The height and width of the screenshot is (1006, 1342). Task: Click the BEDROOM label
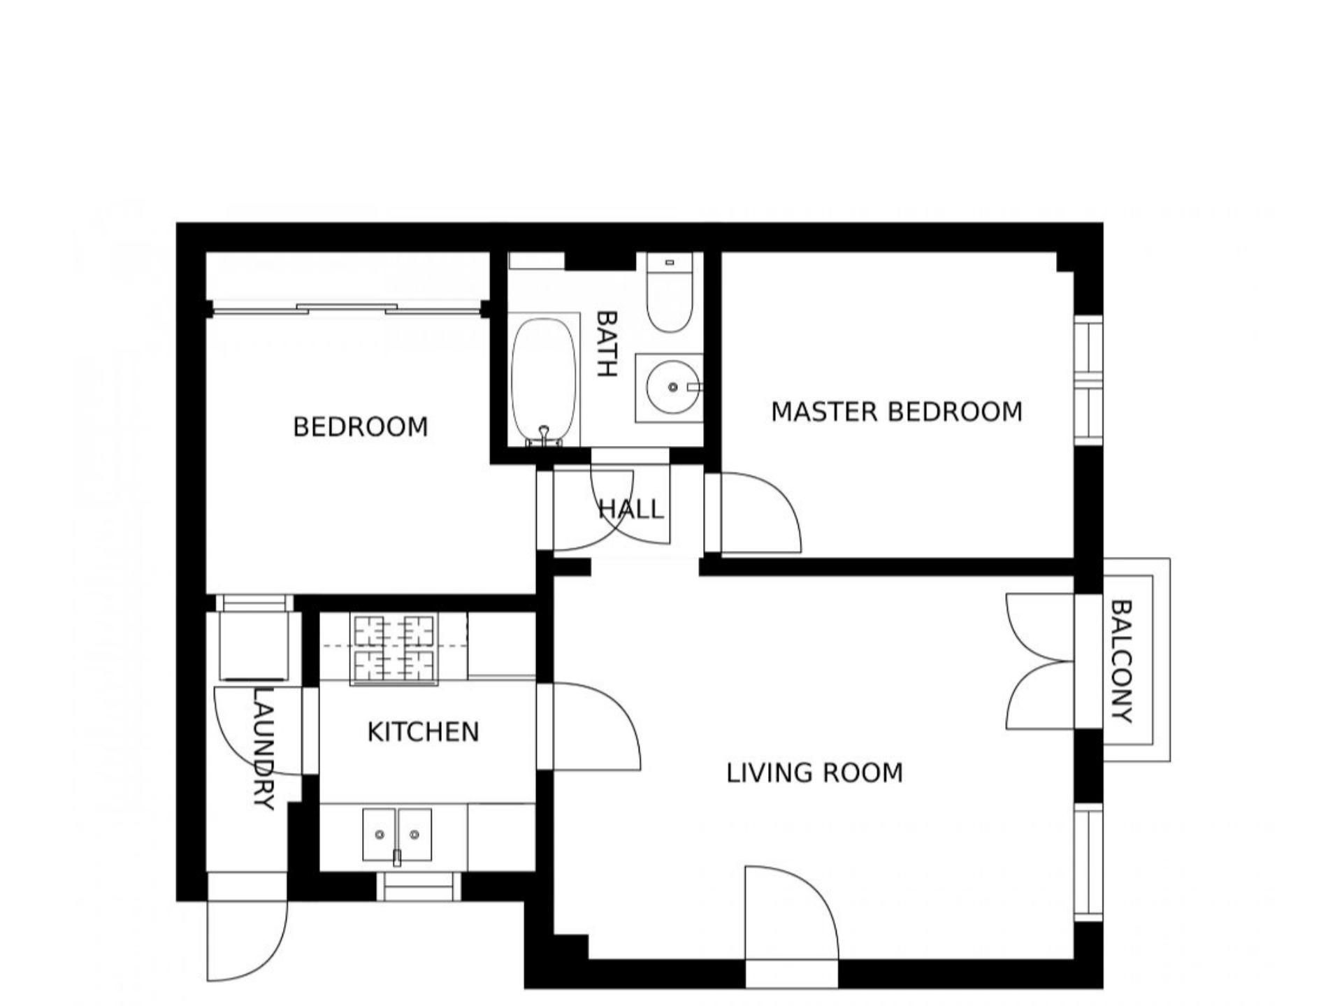tap(360, 426)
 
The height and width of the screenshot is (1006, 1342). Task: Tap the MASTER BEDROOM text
tap(897, 412)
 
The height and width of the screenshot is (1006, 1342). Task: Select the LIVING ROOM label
tap(815, 773)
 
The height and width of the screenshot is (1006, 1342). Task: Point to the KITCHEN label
tap(423, 732)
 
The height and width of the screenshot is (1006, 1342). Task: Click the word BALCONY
tap(1120, 661)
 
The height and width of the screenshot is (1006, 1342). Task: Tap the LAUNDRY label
tap(262, 749)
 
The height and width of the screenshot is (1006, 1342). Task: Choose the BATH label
tap(606, 344)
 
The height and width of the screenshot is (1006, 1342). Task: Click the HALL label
tap(631, 509)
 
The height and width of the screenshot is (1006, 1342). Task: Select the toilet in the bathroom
tap(669, 292)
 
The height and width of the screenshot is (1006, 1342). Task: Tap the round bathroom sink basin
tap(673, 387)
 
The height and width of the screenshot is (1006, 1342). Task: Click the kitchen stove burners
tap(394, 649)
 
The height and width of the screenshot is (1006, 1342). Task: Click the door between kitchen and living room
tap(596, 727)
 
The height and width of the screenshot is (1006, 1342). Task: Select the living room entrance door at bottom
tap(791, 913)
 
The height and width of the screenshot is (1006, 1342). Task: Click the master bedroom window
tap(1088, 380)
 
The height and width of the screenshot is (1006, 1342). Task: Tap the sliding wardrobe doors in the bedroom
tap(347, 308)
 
